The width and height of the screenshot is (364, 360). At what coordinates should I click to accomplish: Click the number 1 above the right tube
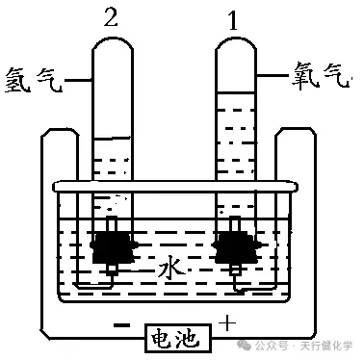[231, 16]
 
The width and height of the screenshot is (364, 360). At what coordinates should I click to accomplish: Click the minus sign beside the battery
[121, 327]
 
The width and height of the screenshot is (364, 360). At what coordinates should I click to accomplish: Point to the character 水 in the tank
[170, 273]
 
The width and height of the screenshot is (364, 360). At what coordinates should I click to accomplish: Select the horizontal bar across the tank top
[173, 185]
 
